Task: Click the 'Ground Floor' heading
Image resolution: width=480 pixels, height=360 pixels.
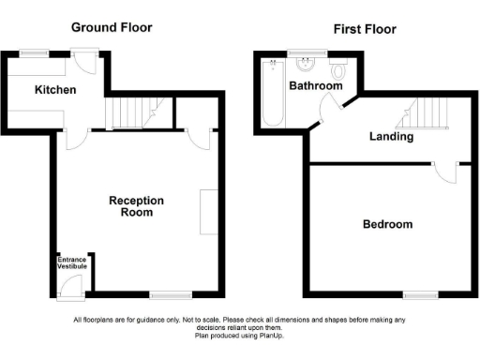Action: coord(112,27)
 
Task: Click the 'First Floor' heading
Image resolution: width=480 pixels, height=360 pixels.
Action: coord(365,29)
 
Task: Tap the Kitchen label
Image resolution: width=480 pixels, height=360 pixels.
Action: coord(55,90)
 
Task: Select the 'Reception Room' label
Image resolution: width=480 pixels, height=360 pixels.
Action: coord(136,206)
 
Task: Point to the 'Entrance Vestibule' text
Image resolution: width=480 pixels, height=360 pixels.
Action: coord(73,262)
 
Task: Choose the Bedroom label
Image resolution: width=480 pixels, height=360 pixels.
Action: coord(387,225)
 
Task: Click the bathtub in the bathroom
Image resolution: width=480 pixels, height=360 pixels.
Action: coord(273,94)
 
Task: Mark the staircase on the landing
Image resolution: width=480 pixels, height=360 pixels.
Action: coord(427,113)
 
